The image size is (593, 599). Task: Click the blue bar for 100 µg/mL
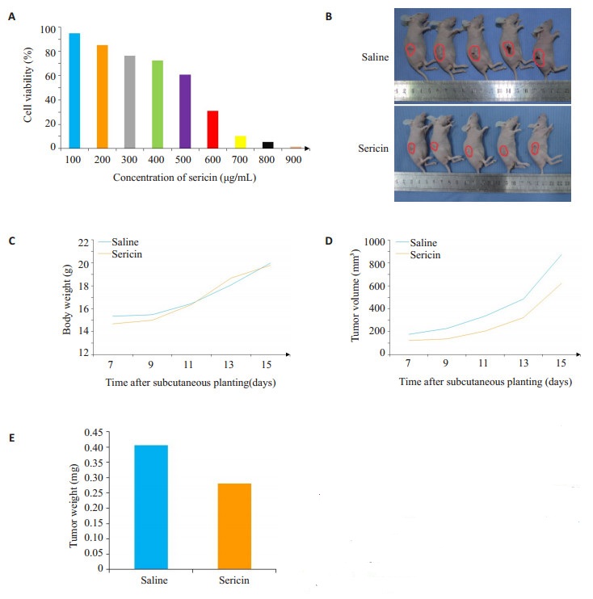point(74,90)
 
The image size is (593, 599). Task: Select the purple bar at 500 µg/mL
point(185,111)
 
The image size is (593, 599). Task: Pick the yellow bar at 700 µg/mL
point(240,141)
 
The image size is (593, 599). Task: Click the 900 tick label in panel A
point(295,160)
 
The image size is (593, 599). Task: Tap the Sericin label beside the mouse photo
point(374,149)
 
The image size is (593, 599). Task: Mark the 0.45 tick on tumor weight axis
point(95,432)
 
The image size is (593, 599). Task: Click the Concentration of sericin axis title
point(185,178)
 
